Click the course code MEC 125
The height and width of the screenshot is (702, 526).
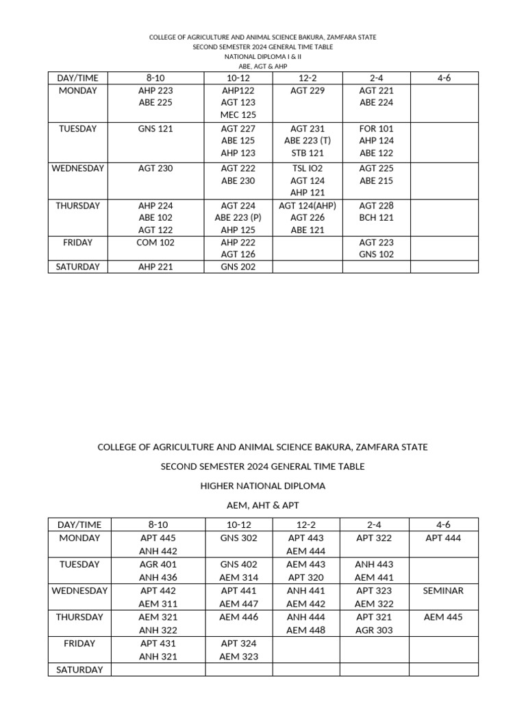pyautogui.click(x=238, y=115)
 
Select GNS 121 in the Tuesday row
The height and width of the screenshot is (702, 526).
pyautogui.click(x=155, y=129)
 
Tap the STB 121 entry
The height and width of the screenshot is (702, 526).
pyautogui.click(x=308, y=154)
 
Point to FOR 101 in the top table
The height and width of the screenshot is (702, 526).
pyautogui.click(x=376, y=129)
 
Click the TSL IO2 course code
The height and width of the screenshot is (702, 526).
pyautogui.click(x=308, y=169)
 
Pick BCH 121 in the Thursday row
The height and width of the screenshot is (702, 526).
pyautogui.click(x=376, y=218)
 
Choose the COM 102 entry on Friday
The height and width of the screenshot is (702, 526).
pyautogui.click(x=155, y=243)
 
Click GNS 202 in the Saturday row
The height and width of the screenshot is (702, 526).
pyautogui.click(x=238, y=267)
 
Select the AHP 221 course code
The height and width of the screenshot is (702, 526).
pyautogui.click(x=155, y=267)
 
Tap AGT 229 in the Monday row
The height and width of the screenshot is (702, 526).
pyautogui.click(x=308, y=90)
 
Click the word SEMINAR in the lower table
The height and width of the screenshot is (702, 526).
pyautogui.click(x=443, y=591)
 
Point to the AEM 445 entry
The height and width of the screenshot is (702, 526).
pyautogui.click(x=443, y=617)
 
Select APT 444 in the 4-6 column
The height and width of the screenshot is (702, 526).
pyautogui.click(x=443, y=539)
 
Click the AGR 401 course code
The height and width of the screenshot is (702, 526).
pyautogui.click(x=158, y=565)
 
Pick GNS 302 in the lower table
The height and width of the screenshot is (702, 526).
pyautogui.click(x=239, y=539)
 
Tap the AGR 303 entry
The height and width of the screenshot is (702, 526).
pyautogui.click(x=375, y=631)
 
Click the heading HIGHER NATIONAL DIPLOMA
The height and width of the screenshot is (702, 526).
pyautogui.click(x=262, y=486)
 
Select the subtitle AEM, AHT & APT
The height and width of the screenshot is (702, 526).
pyautogui.click(x=262, y=505)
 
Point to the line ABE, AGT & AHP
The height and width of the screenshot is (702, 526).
pyautogui.click(x=262, y=66)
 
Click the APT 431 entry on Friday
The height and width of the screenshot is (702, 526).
pyautogui.click(x=158, y=644)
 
